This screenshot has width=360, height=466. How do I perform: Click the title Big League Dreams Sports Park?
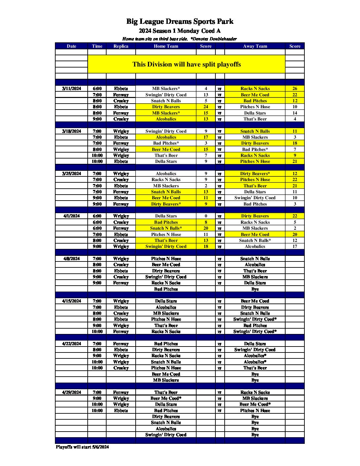click(x=180, y=22)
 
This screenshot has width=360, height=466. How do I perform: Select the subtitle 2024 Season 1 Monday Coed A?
click(x=180, y=31)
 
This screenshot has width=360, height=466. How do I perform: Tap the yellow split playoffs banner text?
click(x=187, y=64)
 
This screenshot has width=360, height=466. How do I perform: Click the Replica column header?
click(x=121, y=46)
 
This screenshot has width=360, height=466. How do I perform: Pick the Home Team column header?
click(x=166, y=46)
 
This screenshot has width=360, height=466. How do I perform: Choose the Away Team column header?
click(x=255, y=46)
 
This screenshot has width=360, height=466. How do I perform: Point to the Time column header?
click(x=97, y=46)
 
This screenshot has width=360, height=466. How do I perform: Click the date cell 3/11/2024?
click(x=71, y=89)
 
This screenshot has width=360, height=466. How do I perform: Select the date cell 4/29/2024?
click(x=71, y=393)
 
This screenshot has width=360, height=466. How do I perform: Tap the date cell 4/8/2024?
click(x=71, y=259)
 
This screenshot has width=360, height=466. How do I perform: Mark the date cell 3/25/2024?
click(x=71, y=174)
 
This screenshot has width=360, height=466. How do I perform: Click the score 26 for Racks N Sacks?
click(x=294, y=89)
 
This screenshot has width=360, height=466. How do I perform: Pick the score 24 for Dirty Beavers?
click(x=206, y=107)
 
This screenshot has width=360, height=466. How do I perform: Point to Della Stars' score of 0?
click(x=206, y=216)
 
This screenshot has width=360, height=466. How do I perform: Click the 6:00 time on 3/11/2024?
click(x=97, y=89)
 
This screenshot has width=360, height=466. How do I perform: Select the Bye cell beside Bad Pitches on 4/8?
click(x=255, y=289)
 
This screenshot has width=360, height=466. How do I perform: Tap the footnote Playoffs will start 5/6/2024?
click(x=82, y=447)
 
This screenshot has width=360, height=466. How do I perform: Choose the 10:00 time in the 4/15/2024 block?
click(x=97, y=332)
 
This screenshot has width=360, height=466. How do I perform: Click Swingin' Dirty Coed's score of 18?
click(x=206, y=247)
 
